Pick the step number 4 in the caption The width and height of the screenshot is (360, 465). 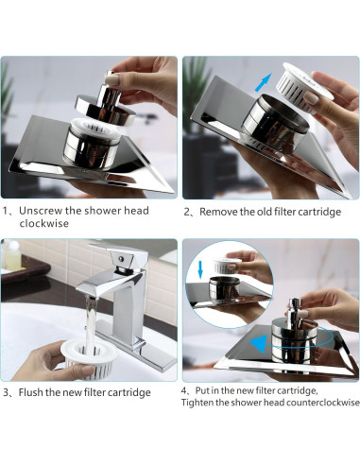pyautogui.click(x=184, y=388)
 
